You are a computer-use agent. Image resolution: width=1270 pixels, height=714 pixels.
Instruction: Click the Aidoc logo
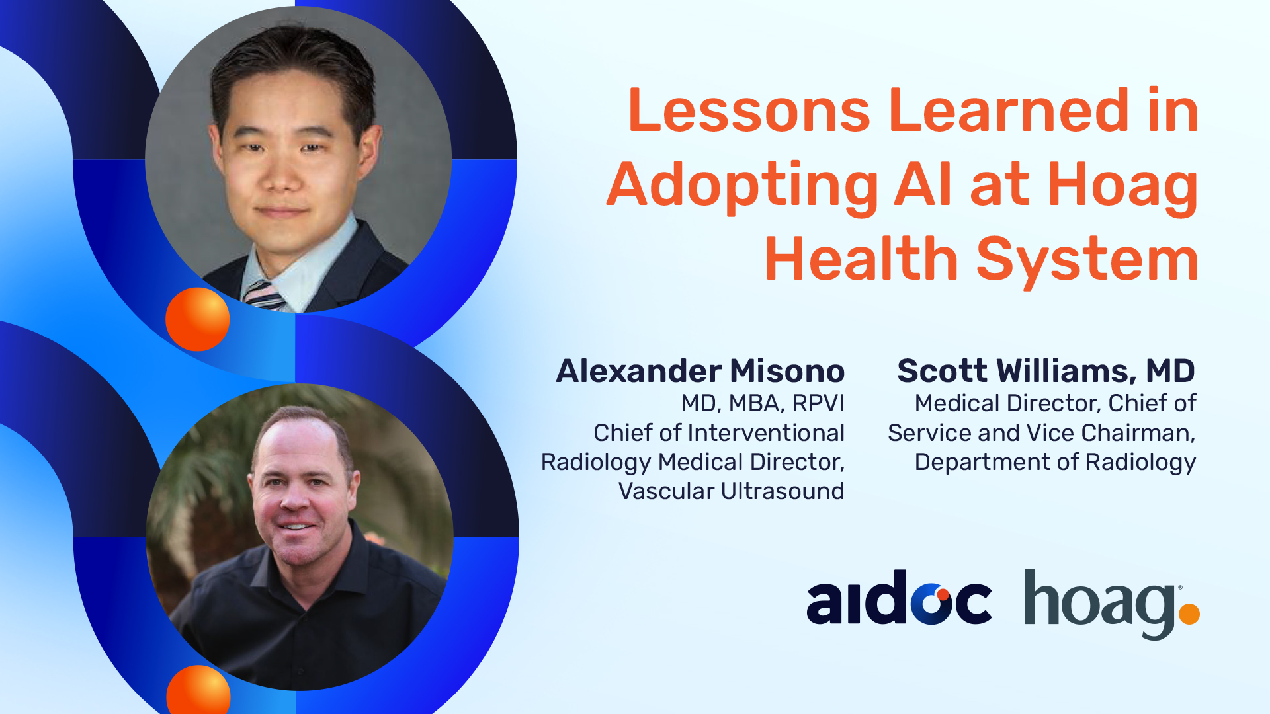tap(899, 598)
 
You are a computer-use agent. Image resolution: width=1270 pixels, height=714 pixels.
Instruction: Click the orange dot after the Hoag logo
tap(1189, 614)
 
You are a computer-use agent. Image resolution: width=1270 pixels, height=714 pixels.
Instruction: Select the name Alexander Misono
tap(700, 371)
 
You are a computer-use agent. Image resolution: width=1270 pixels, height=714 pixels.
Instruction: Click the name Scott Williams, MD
tap(1046, 371)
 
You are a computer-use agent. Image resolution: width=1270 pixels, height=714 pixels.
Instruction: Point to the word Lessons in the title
tap(749, 110)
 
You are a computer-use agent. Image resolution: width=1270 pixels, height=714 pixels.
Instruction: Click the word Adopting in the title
tap(742, 186)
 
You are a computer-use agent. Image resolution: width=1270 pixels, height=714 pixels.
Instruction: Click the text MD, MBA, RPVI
tap(763, 403)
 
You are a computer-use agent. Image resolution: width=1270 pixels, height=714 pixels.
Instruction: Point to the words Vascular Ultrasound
tap(731, 491)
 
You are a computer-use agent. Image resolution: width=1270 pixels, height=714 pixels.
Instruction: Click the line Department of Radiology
tap(1055, 462)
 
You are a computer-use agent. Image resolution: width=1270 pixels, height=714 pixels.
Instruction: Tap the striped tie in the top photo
tap(264, 296)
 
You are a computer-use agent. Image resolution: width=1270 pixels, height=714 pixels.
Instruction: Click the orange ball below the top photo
tap(197, 319)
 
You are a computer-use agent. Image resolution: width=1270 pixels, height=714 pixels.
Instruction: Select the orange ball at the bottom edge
tap(198, 690)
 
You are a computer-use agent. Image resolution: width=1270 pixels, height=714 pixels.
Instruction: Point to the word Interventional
tap(766, 433)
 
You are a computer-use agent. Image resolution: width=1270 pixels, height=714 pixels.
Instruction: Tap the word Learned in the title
tap(1009, 110)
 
